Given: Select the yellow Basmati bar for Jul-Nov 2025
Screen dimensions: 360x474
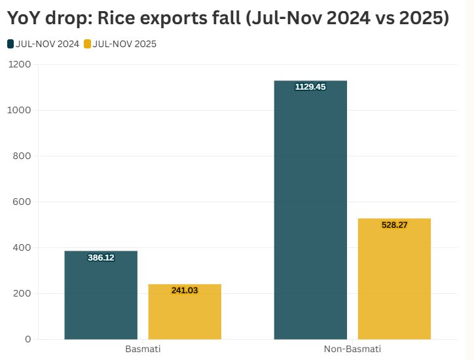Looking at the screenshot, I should point(185,312).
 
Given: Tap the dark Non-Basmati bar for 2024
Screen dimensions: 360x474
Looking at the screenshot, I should point(310,209).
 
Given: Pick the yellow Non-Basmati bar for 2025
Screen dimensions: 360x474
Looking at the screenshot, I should point(394,278).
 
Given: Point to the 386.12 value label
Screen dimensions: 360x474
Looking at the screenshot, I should point(101,258).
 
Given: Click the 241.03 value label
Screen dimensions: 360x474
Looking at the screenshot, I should point(185,290).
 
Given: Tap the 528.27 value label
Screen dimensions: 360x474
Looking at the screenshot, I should point(394,225).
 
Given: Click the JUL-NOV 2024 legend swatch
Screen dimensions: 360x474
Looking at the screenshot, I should point(10,44).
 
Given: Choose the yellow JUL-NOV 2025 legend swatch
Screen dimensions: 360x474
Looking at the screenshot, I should point(88,44).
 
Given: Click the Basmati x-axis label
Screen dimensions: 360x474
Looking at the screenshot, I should point(143,349).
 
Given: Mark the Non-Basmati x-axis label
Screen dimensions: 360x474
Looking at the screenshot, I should point(352,349).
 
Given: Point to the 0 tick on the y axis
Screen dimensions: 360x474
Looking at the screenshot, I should point(28,339).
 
